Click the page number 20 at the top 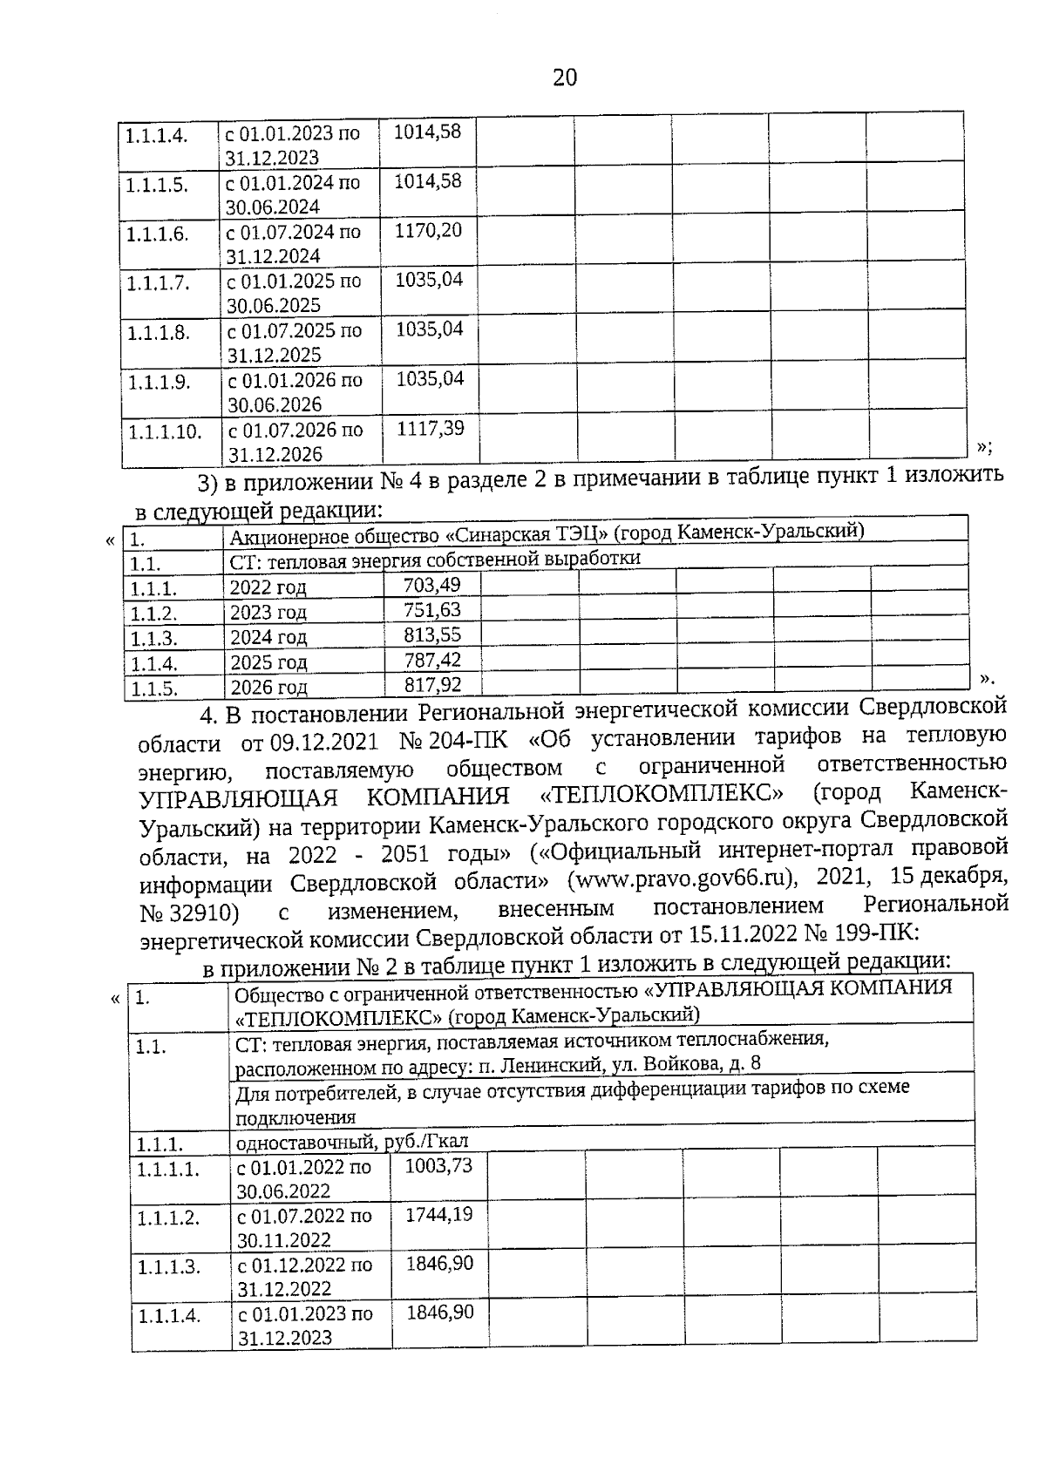point(565,78)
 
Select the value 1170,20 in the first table point(428,231)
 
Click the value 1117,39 point(431,428)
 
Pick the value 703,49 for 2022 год point(432,585)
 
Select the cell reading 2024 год point(268,637)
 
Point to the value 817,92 point(432,684)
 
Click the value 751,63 point(432,610)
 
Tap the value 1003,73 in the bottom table point(439,1165)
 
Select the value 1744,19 point(439,1214)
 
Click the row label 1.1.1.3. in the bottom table point(168,1267)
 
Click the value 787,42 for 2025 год point(432,660)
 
